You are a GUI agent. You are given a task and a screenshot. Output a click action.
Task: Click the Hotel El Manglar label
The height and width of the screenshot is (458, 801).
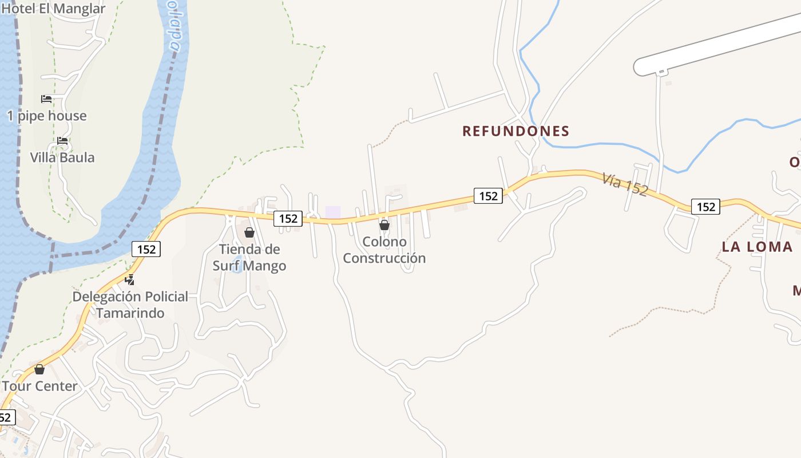[54, 9]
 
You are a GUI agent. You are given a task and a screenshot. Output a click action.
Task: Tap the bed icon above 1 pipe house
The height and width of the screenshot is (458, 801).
[46, 99]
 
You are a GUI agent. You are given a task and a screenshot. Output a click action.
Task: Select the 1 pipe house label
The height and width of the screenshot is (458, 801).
[47, 116]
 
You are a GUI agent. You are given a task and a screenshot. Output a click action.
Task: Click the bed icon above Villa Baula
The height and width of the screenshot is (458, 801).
[62, 140]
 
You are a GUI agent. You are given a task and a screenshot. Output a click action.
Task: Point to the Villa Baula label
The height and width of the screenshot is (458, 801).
[62, 157]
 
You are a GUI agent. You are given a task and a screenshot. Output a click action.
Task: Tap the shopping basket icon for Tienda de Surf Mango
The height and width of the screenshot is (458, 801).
[249, 232]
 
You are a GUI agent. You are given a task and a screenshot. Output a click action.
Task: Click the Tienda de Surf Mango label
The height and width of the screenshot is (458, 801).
[249, 258]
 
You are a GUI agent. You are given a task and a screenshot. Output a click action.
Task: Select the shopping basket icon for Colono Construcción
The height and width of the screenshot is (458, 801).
[384, 225]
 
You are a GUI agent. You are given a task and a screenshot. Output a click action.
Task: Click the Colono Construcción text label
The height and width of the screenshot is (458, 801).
[384, 250]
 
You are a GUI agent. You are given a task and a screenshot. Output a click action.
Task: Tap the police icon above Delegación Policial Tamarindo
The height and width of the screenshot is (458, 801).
[130, 280]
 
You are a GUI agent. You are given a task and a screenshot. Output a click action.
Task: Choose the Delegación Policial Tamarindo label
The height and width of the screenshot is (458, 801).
[130, 305]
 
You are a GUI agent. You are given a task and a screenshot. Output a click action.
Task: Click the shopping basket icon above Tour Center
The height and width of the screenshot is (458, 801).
[39, 369]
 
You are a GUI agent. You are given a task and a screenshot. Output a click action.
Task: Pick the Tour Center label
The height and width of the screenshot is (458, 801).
[39, 386]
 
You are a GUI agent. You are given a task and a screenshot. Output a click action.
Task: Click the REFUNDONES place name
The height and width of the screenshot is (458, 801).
[516, 131]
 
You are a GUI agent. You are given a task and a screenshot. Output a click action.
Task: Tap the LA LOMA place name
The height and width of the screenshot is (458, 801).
[757, 247]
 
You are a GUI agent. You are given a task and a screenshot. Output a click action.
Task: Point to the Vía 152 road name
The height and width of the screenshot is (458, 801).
[625, 184]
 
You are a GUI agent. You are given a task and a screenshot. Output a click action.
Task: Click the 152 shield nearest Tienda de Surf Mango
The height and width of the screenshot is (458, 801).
[288, 218]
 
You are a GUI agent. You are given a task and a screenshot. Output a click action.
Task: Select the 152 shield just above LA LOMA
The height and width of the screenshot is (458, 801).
[705, 207]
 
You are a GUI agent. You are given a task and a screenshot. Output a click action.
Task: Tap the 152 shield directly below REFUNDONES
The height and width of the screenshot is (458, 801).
[488, 196]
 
